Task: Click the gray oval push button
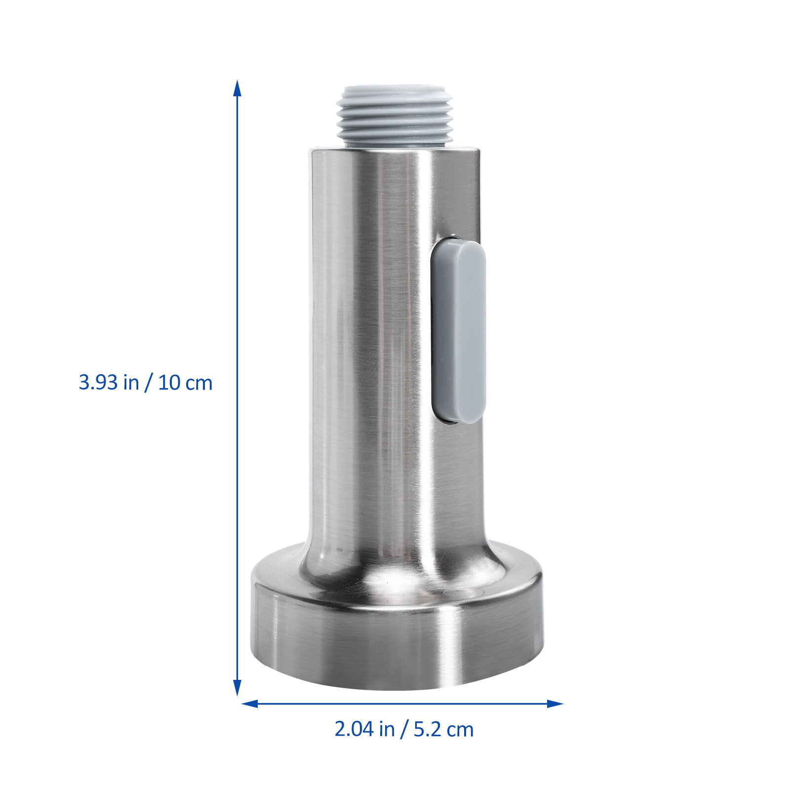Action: click(x=458, y=331)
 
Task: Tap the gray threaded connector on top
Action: click(x=395, y=116)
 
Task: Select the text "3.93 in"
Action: click(x=109, y=383)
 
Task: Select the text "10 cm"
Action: click(x=185, y=383)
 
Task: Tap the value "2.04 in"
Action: click(x=364, y=729)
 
